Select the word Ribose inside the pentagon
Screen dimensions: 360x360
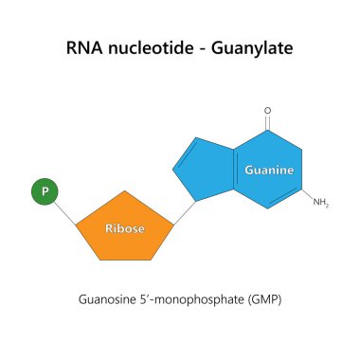coord(124,227)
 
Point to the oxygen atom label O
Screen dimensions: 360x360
coord(268,111)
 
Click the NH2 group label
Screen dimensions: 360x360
coord(320,203)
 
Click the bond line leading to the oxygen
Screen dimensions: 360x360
coord(268,123)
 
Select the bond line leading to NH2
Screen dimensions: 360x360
coord(306,196)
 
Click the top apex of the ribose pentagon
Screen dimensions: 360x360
coord(124,192)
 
